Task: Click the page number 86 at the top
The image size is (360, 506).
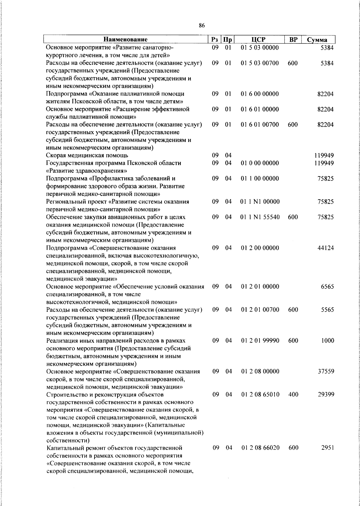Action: coord(202,26)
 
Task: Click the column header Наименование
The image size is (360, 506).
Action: coord(125,40)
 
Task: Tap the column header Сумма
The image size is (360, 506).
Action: coord(317,40)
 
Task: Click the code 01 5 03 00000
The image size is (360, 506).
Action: coord(259,48)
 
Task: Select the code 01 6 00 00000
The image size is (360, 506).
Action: coord(259,94)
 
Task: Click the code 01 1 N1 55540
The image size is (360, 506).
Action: coord(260,217)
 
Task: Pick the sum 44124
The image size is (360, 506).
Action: coord(325,248)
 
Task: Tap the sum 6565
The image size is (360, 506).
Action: coord(327,287)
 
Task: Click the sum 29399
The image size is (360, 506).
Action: coord(326,395)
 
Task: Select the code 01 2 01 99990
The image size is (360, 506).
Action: coord(260,341)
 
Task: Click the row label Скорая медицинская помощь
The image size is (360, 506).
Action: coord(87,155)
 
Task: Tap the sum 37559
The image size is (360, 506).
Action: coord(326,372)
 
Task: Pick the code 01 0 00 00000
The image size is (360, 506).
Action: coord(259,163)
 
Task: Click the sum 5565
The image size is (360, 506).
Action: coord(327,310)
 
